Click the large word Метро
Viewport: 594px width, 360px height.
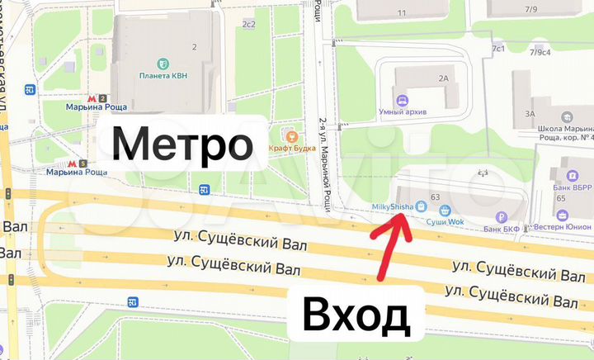click(182, 146)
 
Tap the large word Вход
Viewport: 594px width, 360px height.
click(356, 315)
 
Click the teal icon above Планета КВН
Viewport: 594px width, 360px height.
click(164, 64)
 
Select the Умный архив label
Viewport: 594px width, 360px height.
click(401, 114)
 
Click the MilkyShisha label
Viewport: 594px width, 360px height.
click(393, 206)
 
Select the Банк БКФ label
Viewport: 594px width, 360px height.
click(503, 228)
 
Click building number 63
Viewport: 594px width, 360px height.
click(434, 196)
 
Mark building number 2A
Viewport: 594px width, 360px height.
click(444, 78)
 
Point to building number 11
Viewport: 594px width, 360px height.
click(403, 13)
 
